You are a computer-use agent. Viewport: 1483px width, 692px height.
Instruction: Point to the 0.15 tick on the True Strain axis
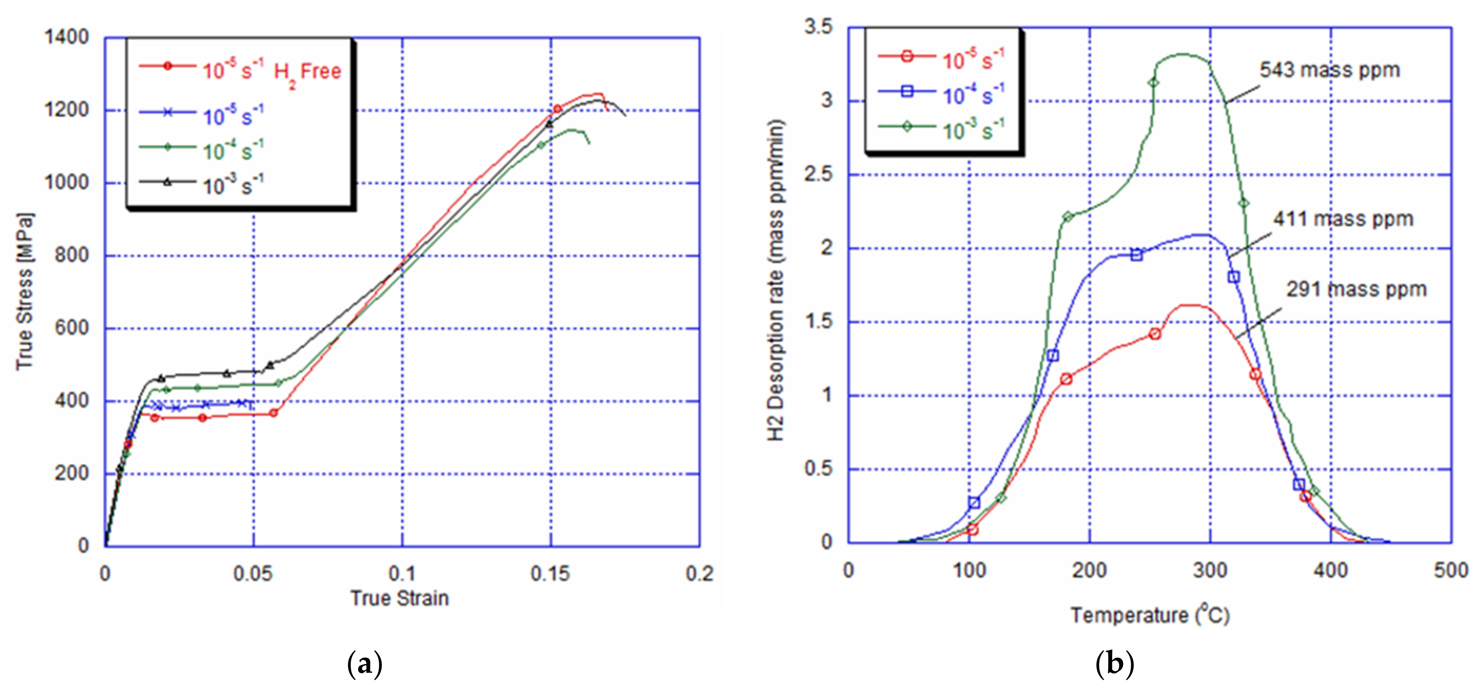[x=551, y=574]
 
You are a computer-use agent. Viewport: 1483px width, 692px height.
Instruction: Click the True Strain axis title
[x=400, y=599]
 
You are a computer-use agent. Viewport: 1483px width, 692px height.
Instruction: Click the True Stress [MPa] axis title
[x=24, y=292]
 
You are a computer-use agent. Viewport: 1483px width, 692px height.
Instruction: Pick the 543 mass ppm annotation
[x=1329, y=70]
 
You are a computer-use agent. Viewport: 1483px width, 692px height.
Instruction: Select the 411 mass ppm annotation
[x=1343, y=219]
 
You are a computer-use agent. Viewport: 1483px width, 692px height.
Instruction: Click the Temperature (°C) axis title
[x=1150, y=615]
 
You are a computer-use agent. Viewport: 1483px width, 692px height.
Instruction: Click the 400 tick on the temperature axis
[x=1331, y=571]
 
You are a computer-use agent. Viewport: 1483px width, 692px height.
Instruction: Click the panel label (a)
[x=365, y=665]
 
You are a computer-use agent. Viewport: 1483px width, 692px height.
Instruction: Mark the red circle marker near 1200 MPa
[x=557, y=109]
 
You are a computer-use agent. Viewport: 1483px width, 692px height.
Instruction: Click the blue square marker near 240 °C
[x=1136, y=255]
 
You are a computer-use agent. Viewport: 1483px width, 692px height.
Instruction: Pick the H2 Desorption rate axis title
[x=777, y=280]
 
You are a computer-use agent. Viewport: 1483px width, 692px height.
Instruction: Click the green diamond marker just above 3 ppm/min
[x=1153, y=82]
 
